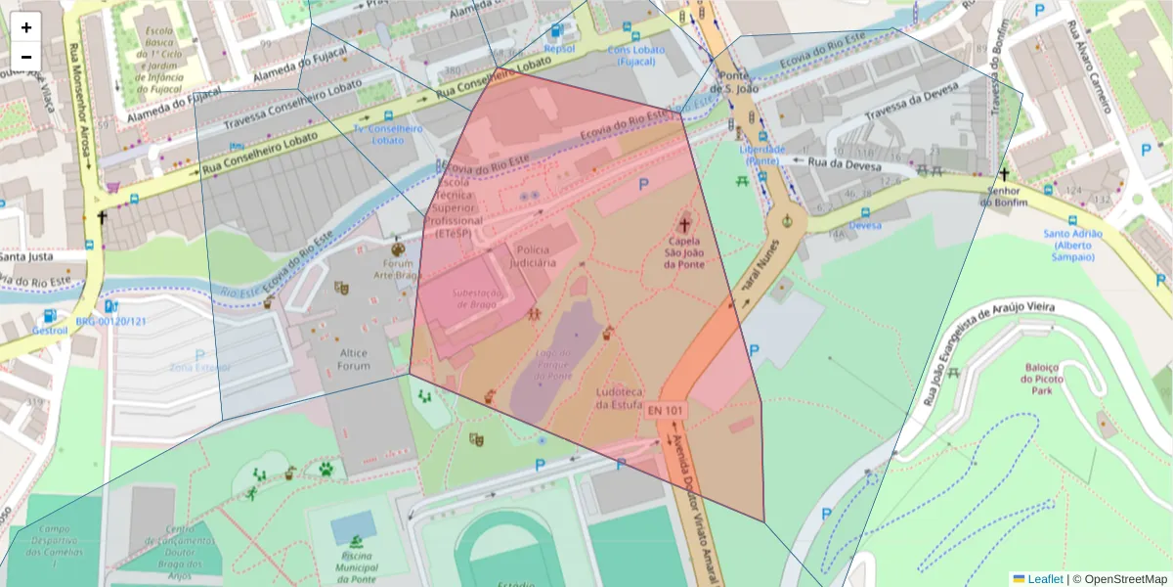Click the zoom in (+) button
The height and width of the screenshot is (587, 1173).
click(x=26, y=27)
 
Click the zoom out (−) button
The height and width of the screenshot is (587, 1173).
click(x=26, y=57)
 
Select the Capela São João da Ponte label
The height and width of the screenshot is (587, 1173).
click(x=684, y=251)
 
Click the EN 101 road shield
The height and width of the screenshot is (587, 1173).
click(x=664, y=411)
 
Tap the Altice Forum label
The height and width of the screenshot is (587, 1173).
click(x=354, y=359)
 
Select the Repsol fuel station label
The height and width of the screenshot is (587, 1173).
click(x=559, y=48)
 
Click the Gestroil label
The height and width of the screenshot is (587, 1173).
click(x=49, y=331)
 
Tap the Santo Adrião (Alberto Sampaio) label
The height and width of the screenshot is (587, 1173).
click(x=1072, y=245)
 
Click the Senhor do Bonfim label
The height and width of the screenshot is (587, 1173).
click(x=1003, y=196)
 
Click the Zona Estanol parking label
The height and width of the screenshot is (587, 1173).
click(x=200, y=368)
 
